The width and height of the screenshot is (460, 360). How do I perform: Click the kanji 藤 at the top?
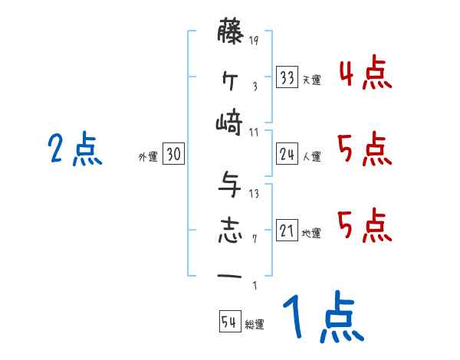click(x=230, y=33)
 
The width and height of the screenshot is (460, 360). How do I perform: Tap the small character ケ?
click(x=230, y=77)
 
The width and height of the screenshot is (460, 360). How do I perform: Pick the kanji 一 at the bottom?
click(x=230, y=275)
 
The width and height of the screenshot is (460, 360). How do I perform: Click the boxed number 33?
click(x=287, y=78)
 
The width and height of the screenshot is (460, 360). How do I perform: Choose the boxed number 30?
click(x=173, y=155)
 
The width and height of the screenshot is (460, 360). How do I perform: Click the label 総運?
click(x=254, y=325)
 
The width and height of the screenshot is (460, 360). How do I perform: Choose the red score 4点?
click(x=364, y=74)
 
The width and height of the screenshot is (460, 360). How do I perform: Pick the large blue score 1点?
click(x=322, y=318)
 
